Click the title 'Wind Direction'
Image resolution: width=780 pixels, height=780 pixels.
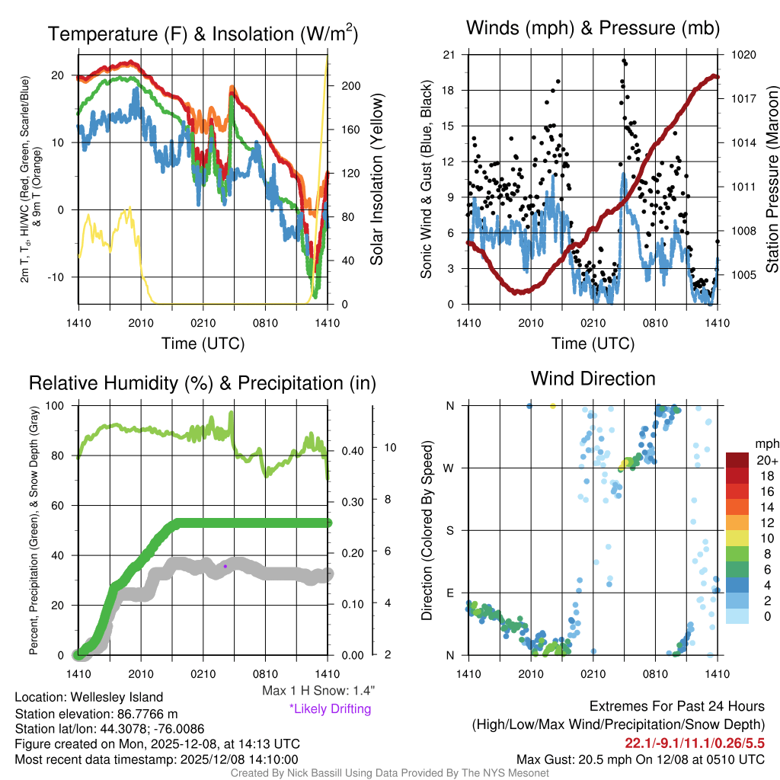click(x=593, y=379)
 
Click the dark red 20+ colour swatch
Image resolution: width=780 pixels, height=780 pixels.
click(x=737, y=460)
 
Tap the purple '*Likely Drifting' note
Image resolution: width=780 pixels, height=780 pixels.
click(x=330, y=709)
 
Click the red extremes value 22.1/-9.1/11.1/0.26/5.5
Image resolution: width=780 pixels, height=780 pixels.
click(x=695, y=743)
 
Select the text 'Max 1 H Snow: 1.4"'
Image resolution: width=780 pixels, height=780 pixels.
click(x=318, y=691)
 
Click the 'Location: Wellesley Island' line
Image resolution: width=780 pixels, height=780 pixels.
click(x=88, y=697)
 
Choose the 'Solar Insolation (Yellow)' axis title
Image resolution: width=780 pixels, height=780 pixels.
click(x=376, y=179)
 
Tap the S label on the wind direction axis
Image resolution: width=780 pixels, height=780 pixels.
click(x=449, y=530)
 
